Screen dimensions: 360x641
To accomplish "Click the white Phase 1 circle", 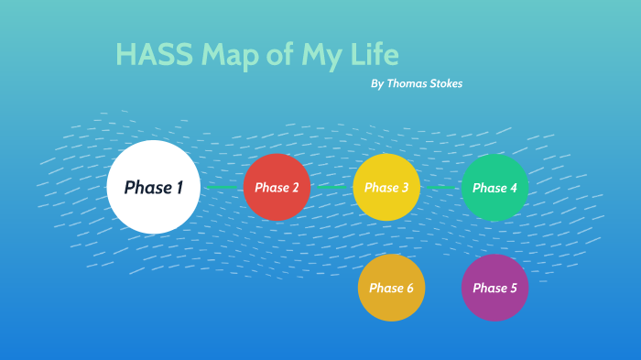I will [153, 187].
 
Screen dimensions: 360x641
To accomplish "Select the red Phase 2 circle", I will [277, 187].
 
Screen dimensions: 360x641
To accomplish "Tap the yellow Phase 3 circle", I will [386, 187].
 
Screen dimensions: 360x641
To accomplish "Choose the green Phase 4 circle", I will [494, 187].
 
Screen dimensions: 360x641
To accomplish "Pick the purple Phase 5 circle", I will [494, 288].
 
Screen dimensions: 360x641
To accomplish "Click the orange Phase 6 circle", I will [391, 288].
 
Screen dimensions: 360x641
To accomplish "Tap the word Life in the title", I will [373, 55].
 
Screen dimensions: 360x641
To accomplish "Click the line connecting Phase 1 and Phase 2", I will [222, 187].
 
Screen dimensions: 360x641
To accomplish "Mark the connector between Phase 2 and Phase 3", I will [331, 187].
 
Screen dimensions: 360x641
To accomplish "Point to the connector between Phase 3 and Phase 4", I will [440, 187].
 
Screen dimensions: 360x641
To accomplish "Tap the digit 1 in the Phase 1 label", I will [179, 188].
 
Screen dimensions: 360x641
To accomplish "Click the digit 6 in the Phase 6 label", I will [409, 289].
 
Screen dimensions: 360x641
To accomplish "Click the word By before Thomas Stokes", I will [377, 83].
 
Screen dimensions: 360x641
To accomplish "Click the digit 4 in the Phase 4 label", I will [513, 188].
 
